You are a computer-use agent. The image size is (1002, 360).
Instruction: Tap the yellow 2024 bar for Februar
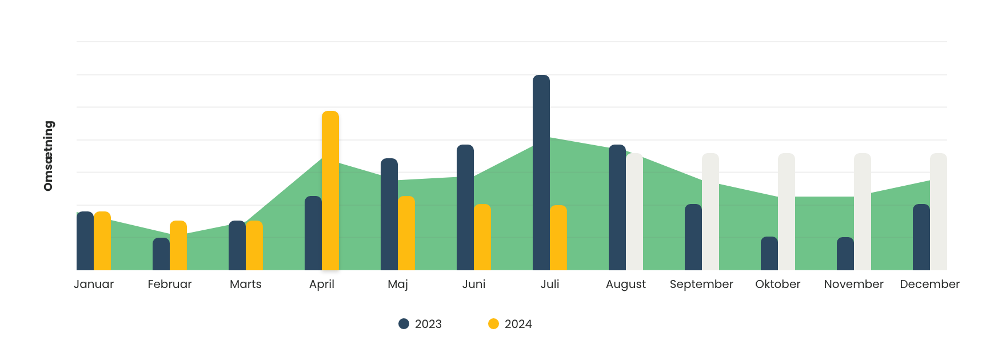tap(178, 246)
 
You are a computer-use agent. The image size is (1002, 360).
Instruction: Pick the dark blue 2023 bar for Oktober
tap(769, 254)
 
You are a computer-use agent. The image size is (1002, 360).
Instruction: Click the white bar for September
tap(710, 211)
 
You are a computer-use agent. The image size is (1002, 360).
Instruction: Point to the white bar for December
tap(939, 211)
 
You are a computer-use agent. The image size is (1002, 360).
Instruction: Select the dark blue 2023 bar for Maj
tap(389, 214)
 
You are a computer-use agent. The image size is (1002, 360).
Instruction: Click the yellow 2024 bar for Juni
tap(482, 237)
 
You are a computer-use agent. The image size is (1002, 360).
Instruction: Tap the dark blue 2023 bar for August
tap(617, 207)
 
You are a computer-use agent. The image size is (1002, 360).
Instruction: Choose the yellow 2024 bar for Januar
tap(102, 241)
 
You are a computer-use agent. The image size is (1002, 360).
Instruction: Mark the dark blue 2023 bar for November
tap(845, 254)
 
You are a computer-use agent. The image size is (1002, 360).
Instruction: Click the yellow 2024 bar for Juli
tap(558, 238)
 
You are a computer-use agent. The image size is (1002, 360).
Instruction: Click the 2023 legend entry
tap(420, 324)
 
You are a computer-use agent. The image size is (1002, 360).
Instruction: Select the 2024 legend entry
tap(510, 324)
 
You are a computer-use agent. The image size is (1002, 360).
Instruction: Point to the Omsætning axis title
tap(49, 155)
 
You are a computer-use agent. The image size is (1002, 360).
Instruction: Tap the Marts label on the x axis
tap(246, 284)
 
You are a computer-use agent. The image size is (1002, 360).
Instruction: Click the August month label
tap(626, 284)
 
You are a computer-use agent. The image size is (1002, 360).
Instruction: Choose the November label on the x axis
tap(854, 284)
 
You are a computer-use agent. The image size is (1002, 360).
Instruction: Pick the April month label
tap(322, 284)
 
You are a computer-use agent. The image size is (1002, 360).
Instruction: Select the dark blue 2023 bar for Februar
tap(161, 254)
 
